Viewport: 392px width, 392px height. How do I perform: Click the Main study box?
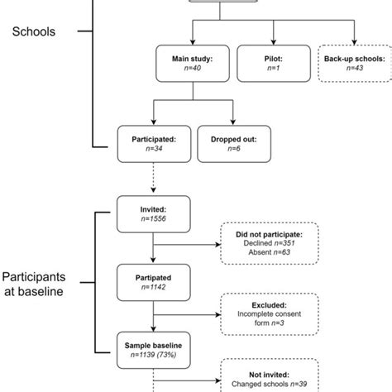(x=192, y=65)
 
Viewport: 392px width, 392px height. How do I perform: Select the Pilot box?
(x=273, y=65)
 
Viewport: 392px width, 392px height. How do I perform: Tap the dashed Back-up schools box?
(x=354, y=65)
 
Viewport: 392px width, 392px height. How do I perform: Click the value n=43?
(x=354, y=71)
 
